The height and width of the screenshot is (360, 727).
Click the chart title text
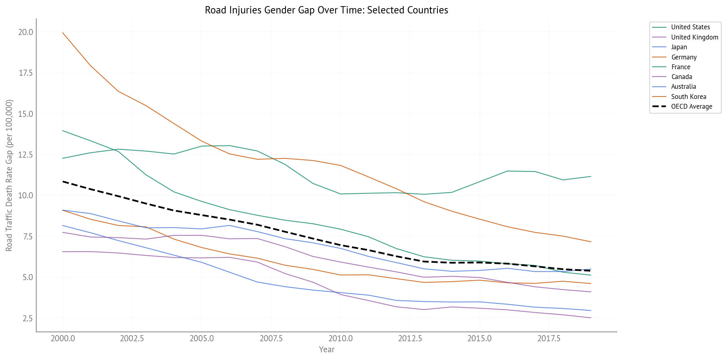(326, 10)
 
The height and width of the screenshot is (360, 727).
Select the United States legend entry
(690, 27)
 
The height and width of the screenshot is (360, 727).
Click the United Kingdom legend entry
(694, 37)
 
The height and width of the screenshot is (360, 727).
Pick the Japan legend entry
(679, 47)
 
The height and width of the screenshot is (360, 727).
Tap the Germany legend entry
(684, 57)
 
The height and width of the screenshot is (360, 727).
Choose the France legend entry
(681, 67)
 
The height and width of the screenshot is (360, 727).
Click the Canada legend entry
(681, 77)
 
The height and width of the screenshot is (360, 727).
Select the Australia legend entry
(683, 87)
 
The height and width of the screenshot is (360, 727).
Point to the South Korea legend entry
(688, 97)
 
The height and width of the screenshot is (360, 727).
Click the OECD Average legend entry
(692, 107)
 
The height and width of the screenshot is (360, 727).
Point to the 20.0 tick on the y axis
(25, 32)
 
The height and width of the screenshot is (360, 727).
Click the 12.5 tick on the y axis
(25, 155)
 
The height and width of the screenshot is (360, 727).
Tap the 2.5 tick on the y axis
(27, 318)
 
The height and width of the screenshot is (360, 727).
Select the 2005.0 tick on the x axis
(202, 339)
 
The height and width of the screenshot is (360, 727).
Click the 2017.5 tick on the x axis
(549, 339)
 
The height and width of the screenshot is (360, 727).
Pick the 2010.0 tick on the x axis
(340, 339)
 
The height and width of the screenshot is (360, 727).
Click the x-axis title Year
(327, 349)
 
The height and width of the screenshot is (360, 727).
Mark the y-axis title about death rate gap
(9, 175)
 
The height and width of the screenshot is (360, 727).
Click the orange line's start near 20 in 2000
(63, 33)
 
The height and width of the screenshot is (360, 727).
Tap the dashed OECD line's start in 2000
(63, 182)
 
